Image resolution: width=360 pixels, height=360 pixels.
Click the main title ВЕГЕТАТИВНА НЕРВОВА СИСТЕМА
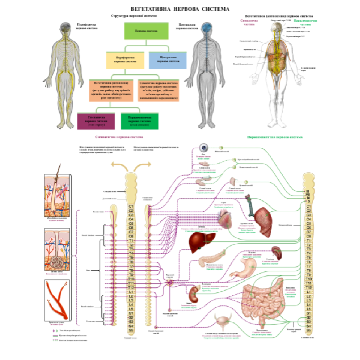tap(180, 9)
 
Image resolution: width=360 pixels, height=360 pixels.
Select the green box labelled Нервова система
tap(146, 31)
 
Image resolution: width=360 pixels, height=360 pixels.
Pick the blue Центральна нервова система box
tap(168, 59)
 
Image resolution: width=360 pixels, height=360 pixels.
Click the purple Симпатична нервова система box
tap(96, 121)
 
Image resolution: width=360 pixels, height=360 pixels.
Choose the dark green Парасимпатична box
tap(139, 121)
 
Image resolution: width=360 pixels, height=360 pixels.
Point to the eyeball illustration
tap(205, 148)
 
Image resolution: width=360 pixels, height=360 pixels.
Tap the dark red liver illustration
tap(202, 241)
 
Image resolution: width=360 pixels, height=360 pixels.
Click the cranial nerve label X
tap(308, 202)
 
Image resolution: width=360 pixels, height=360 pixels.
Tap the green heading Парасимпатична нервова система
tap(274, 137)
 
